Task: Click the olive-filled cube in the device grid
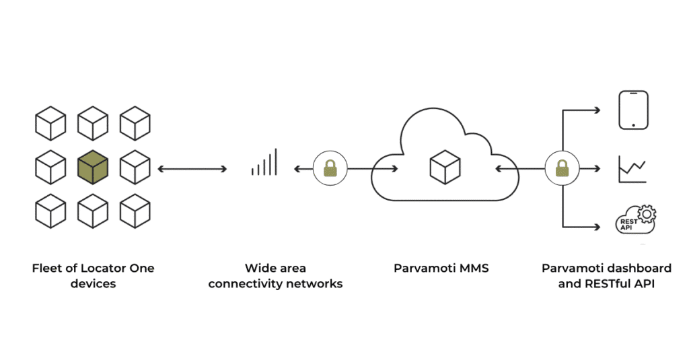93,168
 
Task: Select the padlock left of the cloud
330,168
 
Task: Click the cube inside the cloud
445,166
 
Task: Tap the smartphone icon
633,110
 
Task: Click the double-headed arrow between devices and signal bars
192,168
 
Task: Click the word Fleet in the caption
46,268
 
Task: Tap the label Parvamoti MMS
441,268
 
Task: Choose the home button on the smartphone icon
633,124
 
